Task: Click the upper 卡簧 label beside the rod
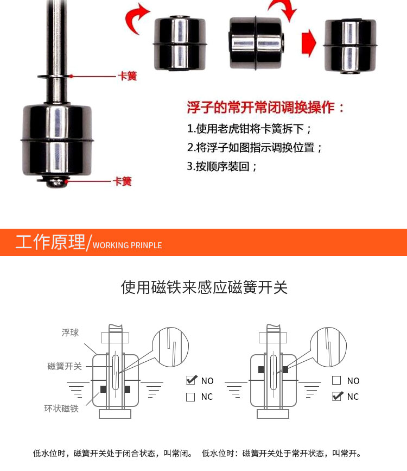pyautogui.click(x=128, y=76)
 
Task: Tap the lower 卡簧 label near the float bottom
pyautogui.click(x=122, y=181)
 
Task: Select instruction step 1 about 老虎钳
pyautogui.click(x=249, y=129)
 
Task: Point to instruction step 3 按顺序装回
pyautogui.click(x=221, y=166)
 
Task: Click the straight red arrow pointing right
pyautogui.click(x=309, y=43)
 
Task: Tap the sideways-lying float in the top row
pyautogui.click(x=256, y=43)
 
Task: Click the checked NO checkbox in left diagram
pyautogui.click(x=190, y=380)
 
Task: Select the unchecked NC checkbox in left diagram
pyautogui.click(x=190, y=397)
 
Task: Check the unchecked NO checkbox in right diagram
pyautogui.click(x=336, y=380)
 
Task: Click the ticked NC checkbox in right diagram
pyautogui.click(x=337, y=396)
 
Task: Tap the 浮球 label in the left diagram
pyautogui.click(x=70, y=332)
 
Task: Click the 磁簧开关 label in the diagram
pyautogui.click(x=65, y=366)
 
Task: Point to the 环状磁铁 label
pyautogui.click(x=61, y=409)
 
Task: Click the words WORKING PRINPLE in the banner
pyautogui.click(x=128, y=246)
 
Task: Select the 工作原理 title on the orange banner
pyautogui.click(x=50, y=242)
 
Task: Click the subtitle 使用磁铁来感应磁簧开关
pyautogui.click(x=205, y=287)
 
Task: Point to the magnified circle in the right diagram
pyautogui.click(x=328, y=347)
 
